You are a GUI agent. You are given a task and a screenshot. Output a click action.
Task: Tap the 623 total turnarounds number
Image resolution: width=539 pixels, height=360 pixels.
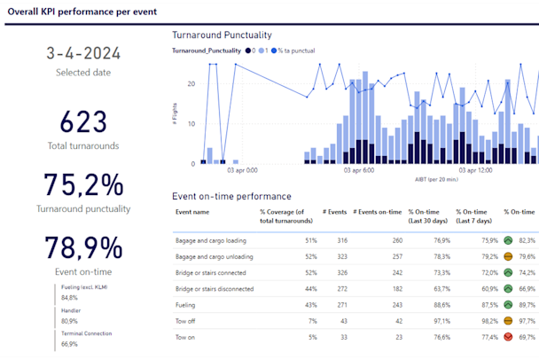82,122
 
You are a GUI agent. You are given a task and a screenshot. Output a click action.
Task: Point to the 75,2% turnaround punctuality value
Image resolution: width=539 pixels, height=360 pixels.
82,185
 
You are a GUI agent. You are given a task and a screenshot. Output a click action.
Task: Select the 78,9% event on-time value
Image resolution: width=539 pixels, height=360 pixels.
82,247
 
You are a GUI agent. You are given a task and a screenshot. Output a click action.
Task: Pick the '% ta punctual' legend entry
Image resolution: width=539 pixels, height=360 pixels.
296,51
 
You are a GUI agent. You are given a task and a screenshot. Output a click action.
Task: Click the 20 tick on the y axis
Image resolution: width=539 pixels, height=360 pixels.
192,84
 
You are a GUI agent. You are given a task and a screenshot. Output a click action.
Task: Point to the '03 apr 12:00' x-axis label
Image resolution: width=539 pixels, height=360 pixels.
473,170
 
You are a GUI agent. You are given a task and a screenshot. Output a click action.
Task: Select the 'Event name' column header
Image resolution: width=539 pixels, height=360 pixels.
192,212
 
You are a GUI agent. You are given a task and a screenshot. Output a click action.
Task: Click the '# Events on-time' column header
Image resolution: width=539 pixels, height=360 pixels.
378,212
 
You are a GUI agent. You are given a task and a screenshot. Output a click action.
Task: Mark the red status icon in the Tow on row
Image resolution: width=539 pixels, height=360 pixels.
508,338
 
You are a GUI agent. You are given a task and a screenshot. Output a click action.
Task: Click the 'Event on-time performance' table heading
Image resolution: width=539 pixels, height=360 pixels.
231,196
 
